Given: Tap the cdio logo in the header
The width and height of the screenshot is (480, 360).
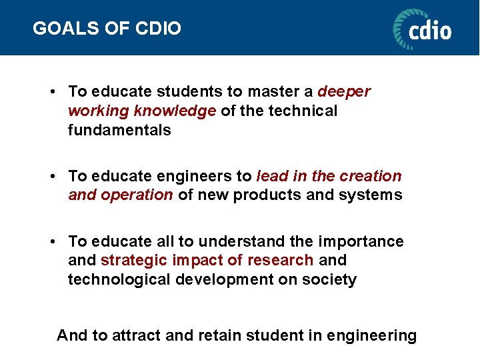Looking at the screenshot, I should [x=422, y=29].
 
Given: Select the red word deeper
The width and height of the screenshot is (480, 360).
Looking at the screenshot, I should [x=344, y=91].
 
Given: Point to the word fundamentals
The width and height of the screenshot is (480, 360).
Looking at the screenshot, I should [x=119, y=130].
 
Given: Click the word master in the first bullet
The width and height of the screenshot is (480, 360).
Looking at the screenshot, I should [x=273, y=91].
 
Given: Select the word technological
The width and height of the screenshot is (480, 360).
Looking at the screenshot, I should [x=119, y=279].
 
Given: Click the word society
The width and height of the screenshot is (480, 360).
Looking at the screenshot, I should [x=331, y=279].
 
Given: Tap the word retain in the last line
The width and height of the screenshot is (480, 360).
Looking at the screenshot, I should [x=219, y=335].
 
